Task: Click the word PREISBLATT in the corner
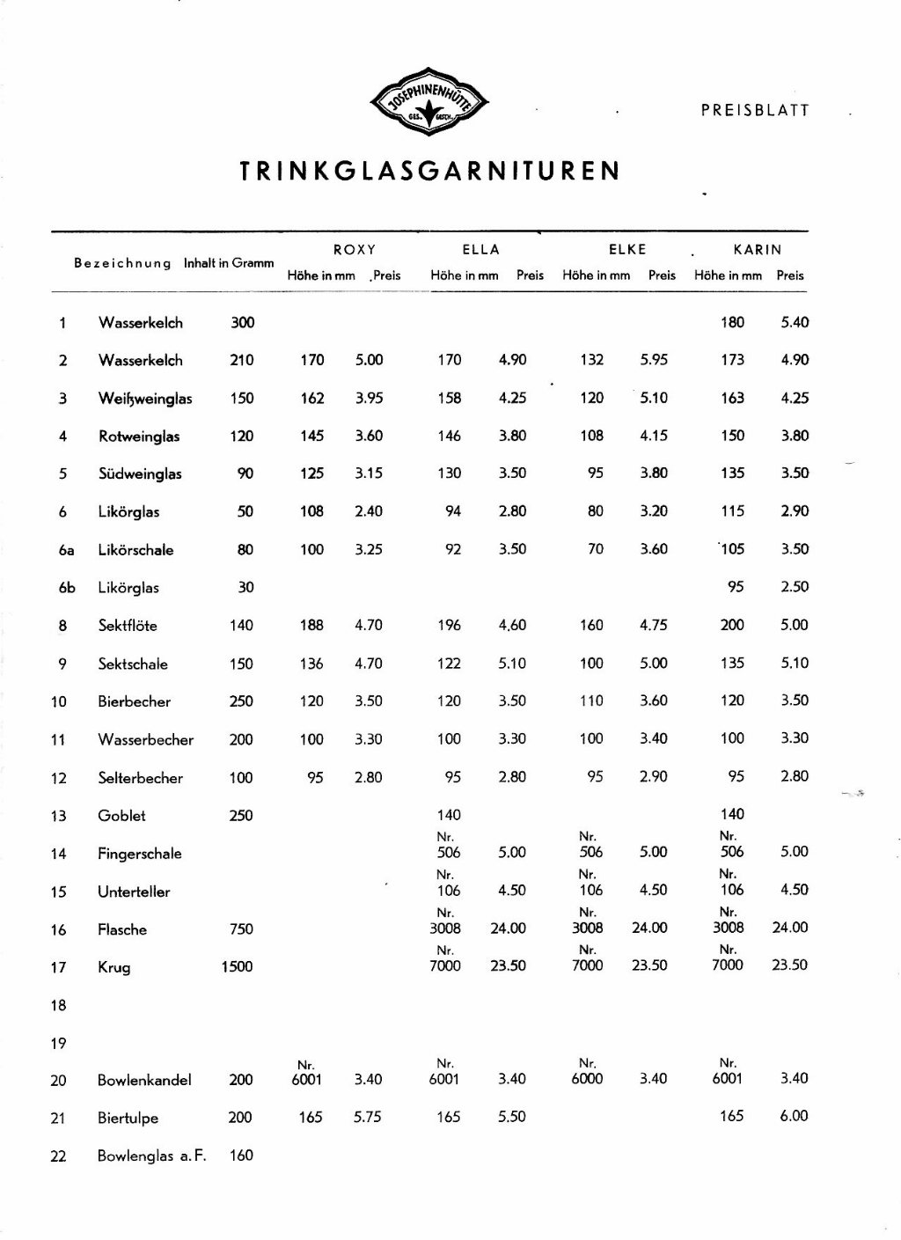tap(754, 111)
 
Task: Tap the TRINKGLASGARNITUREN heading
tap(430, 170)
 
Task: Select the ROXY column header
tap(355, 250)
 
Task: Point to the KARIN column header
tap(757, 250)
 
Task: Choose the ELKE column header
tap(627, 250)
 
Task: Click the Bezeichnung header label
tap(122, 263)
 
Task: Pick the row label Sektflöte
tap(128, 626)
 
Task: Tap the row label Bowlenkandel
tap(144, 1080)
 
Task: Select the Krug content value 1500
tap(237, 966)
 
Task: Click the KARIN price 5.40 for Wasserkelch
tap(794, 322)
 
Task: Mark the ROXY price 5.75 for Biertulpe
tap(368, 1117)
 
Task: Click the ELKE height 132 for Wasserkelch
tap(591, 360)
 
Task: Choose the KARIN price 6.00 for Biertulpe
tap(794, 1116)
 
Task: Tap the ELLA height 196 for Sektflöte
tap(449, 625)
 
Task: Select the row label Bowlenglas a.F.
tap(151, 1156)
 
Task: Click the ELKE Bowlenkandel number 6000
tap(587, 1079)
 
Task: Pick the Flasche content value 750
tap(241, 928)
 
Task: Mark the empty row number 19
tap(59, 1044)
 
